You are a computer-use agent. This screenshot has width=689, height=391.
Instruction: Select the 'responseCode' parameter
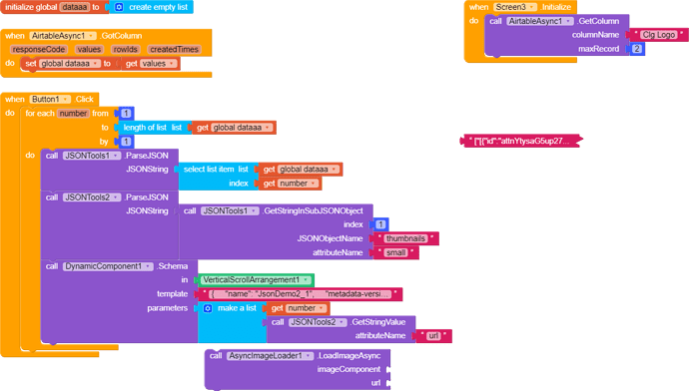point(39,49)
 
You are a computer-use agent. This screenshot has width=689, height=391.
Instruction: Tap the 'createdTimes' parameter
point(174,49)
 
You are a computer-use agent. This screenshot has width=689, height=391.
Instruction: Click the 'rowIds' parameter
point(126,49)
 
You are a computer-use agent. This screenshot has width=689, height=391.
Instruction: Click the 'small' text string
point(399,252)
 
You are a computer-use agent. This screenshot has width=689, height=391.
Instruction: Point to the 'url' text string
point(433,336)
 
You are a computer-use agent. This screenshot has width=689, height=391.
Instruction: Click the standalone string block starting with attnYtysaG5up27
point(519,142)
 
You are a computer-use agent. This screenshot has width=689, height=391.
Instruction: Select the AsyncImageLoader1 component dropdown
point(267,356)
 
